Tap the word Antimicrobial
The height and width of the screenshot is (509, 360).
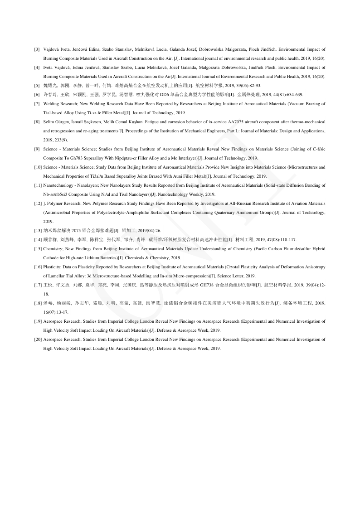tap(56, 212)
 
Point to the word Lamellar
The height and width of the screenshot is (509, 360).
tap(54, 276)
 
